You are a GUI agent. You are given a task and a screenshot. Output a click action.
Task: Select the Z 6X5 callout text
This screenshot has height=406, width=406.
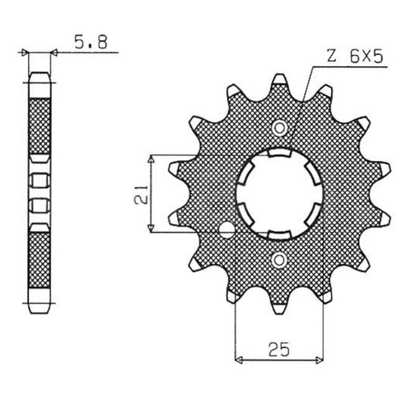(x=355, y=57)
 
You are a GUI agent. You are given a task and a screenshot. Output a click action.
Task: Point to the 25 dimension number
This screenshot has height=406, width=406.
(x=279, y=349)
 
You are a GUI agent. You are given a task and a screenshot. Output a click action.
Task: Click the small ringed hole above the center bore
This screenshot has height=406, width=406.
(x=279, y=128)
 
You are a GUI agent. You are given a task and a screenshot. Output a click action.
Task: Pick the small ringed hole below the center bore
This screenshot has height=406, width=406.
(x=279, y=261)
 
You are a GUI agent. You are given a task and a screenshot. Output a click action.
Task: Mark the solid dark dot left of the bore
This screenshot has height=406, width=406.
(x=226, y=230)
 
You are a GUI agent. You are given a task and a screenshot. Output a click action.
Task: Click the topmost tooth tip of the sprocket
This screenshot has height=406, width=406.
(x=279, y=80)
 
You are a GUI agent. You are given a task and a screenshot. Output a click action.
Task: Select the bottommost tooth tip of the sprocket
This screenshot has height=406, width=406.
(x=279, y=309)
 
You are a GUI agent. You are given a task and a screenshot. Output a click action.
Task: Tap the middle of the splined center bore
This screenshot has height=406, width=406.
(x=279, y=194)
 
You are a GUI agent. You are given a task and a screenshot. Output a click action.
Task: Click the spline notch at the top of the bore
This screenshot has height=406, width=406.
(x=279, y=153)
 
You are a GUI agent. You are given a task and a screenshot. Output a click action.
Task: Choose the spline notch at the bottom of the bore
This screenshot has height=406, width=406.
(x=279, y=234)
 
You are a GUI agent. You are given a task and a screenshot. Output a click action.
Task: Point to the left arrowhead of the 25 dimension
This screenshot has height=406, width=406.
(x=238, y=360)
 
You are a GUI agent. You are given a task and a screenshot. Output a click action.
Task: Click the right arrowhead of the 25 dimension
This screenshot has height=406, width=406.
(x=319, y=360)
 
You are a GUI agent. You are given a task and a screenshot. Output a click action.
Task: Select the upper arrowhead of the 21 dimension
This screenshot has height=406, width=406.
(x=150, y=159)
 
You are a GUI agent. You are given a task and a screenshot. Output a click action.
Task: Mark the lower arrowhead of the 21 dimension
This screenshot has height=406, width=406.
(x=150, y=229)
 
